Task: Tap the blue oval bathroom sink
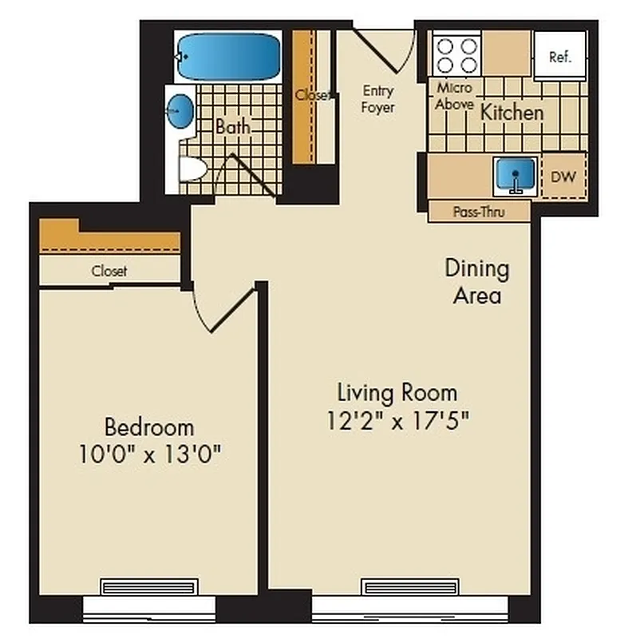(180, 111)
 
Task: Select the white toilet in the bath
(191, 169)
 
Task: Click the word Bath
(232, 126)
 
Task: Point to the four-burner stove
(457, 55)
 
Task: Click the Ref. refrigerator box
(559, 57)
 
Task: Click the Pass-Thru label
(479, 212)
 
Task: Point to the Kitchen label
(512, 113)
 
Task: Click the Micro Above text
(454, 96)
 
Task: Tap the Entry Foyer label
(377, 98)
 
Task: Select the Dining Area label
(476, 281)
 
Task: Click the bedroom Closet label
(109, 272)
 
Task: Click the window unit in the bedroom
(148, 587)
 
